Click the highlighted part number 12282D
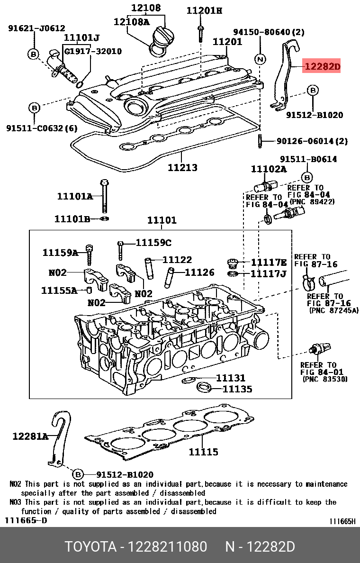322,67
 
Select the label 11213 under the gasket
182,167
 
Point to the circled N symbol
260,59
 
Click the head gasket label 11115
203,452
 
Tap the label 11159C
153,243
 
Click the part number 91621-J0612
36,28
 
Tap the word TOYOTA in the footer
90,547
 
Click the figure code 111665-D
26,520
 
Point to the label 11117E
269,263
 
